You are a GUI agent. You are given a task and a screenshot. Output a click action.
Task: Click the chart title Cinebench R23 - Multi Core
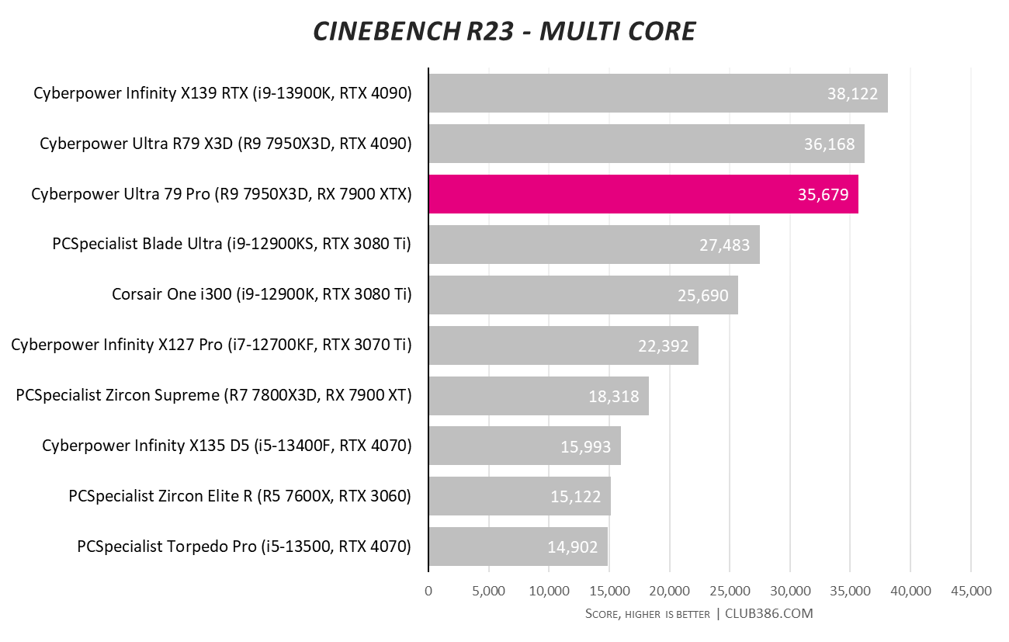[504, 32]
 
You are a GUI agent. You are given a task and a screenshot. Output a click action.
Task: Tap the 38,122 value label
[852, 94]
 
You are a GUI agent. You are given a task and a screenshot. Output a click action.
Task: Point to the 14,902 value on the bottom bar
[573, 547]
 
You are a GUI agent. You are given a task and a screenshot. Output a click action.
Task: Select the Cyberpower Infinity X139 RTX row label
[222, 94]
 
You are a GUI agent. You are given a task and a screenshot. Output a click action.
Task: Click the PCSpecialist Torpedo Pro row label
[244, 547]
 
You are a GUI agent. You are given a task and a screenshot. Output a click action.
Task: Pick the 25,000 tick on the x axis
[730, 591]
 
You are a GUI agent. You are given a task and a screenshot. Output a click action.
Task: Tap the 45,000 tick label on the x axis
[970, 591]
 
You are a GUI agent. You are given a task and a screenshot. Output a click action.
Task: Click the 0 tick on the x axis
[428, 591]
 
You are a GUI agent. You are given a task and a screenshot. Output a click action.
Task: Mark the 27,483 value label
[725, 245]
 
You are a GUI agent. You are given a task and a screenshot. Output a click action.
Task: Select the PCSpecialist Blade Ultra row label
[231, 245]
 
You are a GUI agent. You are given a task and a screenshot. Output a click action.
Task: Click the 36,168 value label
[829, 144]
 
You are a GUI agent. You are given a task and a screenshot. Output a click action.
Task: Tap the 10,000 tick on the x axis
[549, 591]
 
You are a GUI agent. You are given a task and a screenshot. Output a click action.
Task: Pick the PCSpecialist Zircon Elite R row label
[239, 496]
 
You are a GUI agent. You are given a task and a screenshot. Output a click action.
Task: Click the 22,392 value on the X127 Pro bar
[664, 346]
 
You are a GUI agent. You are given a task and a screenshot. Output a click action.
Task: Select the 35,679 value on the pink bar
[823, 195]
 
